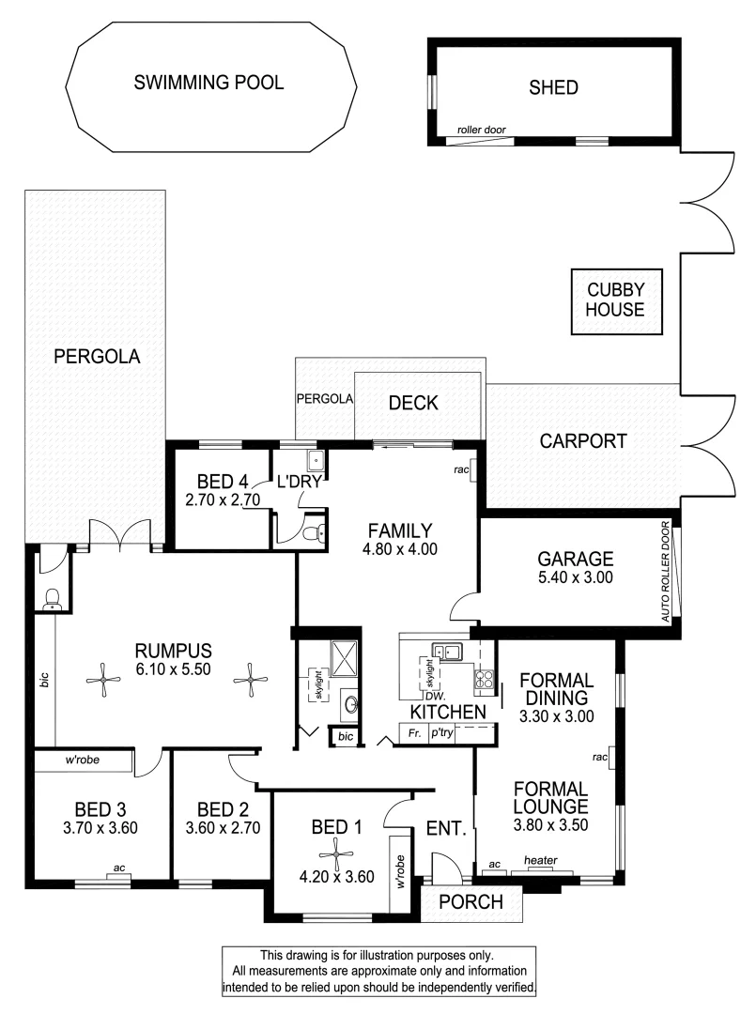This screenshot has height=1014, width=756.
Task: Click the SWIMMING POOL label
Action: click(x=208, y=84)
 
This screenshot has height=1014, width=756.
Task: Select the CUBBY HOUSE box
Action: click(x=609, y=300)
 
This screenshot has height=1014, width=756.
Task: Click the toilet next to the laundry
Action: click(x=314, y=534)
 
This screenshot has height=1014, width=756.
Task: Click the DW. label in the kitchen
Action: click(x=434, y=696)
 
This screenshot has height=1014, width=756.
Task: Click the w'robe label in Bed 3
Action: click(x=83, y=760)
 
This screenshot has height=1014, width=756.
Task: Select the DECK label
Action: click(x=413, y=403)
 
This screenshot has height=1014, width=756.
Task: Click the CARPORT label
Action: click(x=582, y=440)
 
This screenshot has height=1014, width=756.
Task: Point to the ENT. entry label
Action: click(x=446, y=828)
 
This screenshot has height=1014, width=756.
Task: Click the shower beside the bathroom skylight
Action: click(x=344, y=658)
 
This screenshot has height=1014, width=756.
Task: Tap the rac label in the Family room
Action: click(x=460, y=469)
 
